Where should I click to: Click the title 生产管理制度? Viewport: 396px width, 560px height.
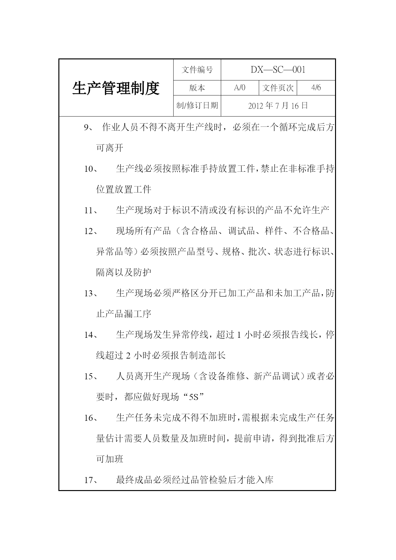click(116, 88)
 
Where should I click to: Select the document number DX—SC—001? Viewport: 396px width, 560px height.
click(278, 70)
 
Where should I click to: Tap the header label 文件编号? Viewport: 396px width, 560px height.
click(197, 70)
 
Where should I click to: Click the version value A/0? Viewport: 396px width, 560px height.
click(240, 88)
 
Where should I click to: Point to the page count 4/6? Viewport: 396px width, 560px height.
click(316, 88)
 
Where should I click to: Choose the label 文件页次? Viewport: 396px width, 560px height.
click(278, 88)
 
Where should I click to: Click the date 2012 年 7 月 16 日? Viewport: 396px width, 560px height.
click(278, 106)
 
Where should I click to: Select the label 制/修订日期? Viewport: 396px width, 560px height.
click(197, 106)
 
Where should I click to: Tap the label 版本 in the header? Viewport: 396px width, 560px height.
click(197, 88)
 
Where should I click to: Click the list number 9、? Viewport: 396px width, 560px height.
click(88, 128)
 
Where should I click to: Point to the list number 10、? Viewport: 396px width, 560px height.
click(91, 169)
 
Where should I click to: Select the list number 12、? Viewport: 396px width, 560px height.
click(91, 231)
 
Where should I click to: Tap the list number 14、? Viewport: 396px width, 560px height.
click(91, 335)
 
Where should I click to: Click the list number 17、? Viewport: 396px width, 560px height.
click(91, 480)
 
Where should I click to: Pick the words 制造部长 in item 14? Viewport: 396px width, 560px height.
click(208, 356)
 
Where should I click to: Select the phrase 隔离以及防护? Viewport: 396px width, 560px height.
click(124, 273)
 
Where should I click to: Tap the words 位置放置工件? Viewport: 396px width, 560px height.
click(124, 190)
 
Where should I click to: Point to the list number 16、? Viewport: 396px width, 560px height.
click(91, 418)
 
